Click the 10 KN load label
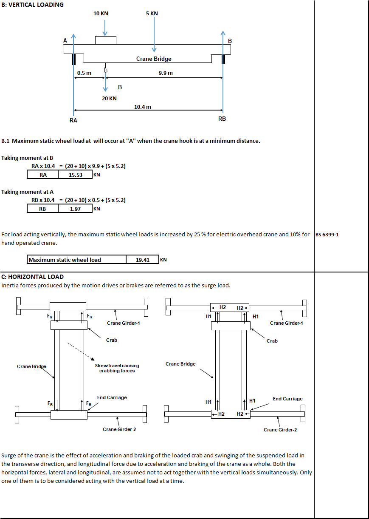101,14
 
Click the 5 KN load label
152,14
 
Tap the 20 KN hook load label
109,99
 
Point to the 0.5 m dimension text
84,73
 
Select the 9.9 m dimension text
166,73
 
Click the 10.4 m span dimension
143,107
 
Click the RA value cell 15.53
75,175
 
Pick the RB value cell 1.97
75,209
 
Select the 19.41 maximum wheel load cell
143,260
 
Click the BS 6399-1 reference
327,235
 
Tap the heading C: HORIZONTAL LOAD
32,277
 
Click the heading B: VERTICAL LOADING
32,5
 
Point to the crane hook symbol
106,70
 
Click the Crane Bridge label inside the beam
154,59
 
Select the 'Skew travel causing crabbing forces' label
117,368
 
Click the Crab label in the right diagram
272,341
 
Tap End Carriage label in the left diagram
112,397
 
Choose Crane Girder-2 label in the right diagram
280,430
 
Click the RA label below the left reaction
73,120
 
